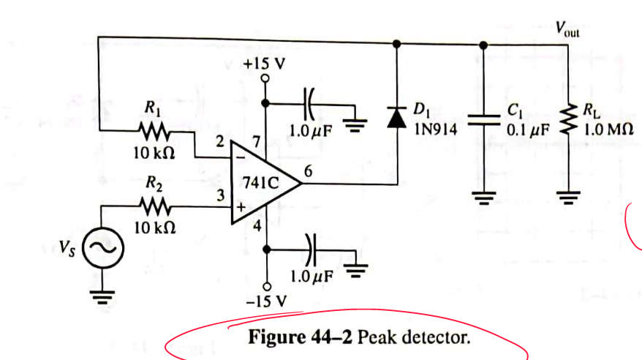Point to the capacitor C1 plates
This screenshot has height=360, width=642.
point(483,120)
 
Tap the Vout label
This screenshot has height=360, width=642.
point(567,30)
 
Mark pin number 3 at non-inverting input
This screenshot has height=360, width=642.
point(218,195)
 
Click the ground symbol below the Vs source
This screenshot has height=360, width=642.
point(101,296)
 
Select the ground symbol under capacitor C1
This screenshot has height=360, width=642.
point(483,195)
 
